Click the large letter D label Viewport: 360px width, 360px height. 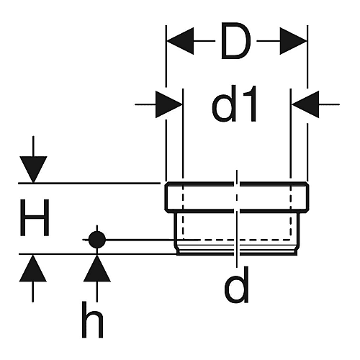[x=235, y=41]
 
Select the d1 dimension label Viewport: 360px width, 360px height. [x=235, y=104]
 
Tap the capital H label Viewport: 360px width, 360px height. [x=35, y=217]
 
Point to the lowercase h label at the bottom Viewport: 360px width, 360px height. [x=93, y=320]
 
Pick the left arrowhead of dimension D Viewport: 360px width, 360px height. [x=180, y=41]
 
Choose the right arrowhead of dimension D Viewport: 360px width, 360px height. [x=294, y=41]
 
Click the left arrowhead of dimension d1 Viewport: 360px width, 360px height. [x=169, y=104]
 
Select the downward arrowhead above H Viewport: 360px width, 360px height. [x=33, y=169]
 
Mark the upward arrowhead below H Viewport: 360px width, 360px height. [x=33, y=268]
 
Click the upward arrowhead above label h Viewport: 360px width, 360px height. [x=97, y=268]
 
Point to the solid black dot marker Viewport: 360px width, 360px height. [x=97, y=240]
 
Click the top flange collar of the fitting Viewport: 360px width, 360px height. [x=237, y=197]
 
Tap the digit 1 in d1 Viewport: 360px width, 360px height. [x=250, y=104]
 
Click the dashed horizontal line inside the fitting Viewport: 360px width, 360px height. [x=236, y=240]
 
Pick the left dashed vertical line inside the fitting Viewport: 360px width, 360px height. [x=183, y=211]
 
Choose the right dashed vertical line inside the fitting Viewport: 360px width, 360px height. [x=290, y=211]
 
